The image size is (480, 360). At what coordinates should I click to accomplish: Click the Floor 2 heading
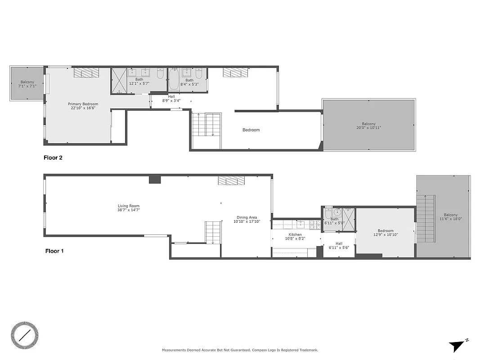(x=53, y=158)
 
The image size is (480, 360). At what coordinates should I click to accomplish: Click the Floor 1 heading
(x=54, y=251)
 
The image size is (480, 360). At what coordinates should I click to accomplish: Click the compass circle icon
(x=25, y=335)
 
